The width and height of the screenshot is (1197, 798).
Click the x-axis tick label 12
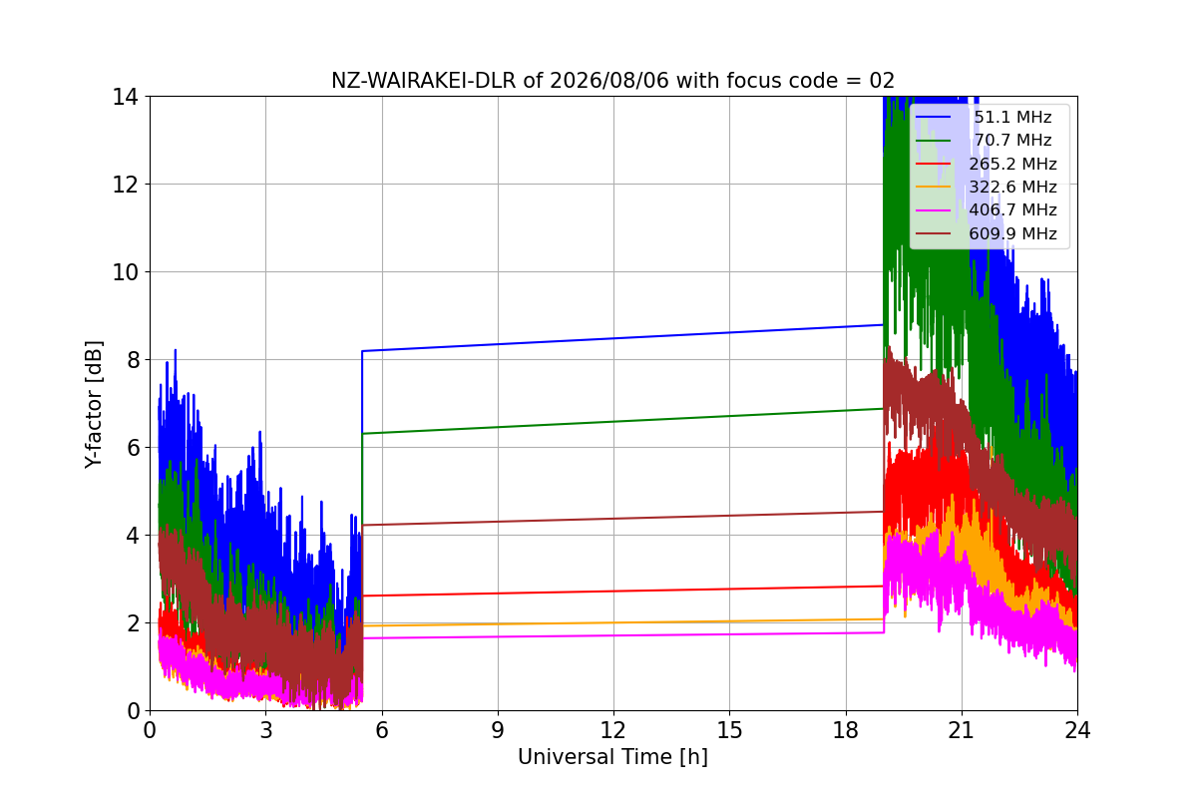point(612,730)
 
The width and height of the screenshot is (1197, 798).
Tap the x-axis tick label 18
point(846,730)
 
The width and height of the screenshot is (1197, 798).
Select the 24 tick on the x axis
point(1077,730)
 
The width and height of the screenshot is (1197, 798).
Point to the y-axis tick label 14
point(125,98)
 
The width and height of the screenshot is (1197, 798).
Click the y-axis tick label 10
point(125,272)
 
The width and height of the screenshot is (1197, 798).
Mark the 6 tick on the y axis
point(133,448)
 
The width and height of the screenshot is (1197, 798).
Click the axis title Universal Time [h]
point(612,757)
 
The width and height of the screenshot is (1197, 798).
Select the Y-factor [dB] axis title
point(93,405)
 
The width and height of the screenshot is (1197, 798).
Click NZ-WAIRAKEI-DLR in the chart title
point(424,81)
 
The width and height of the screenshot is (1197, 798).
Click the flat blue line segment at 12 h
point(612,338)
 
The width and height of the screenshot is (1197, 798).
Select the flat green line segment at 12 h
point(612,422)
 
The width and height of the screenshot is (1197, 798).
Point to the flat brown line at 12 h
point(612,519)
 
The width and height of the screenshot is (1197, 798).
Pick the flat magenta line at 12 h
point(612,635)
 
